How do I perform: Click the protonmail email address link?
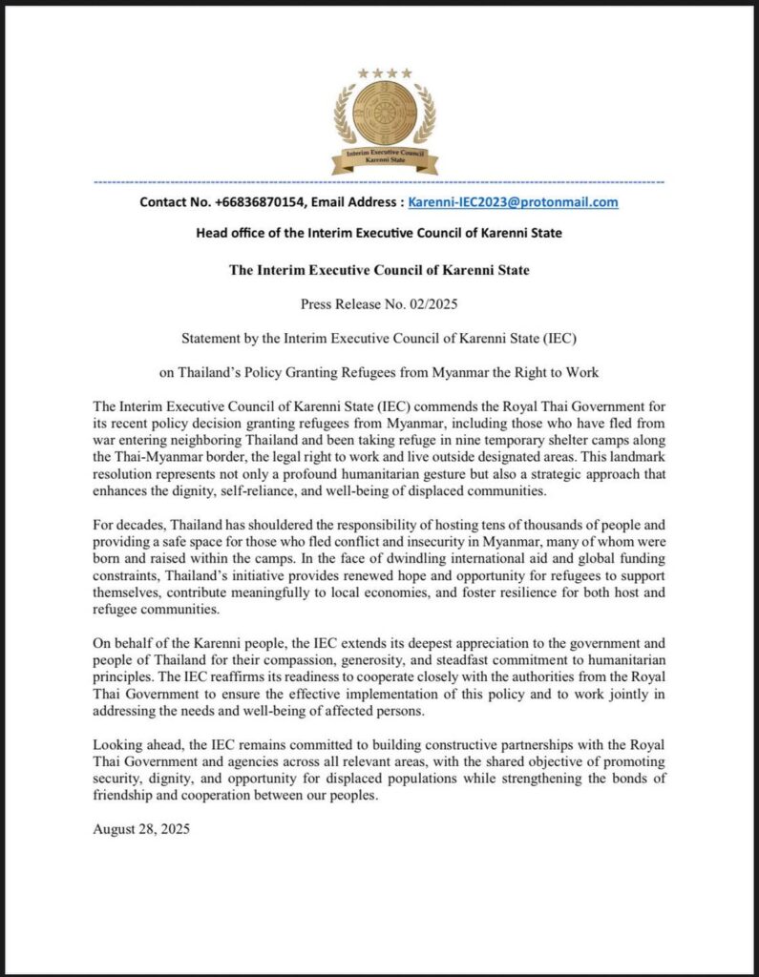point(513,202)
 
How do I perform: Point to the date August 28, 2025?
point(141,829)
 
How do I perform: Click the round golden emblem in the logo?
point(384,113)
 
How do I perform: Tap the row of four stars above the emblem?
point(385,73)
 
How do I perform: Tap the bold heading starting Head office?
point(378,233)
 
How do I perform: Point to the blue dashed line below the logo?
point(379,181)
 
